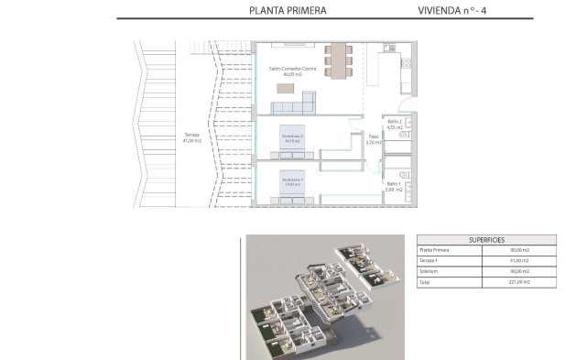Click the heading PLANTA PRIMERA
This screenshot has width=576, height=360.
288,11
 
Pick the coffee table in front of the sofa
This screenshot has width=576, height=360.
286,88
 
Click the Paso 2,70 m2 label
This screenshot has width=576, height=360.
373,140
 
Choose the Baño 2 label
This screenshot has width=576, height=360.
395,124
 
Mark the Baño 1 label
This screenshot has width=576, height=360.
394,186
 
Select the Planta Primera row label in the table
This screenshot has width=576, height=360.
434,249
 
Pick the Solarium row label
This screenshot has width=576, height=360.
429,272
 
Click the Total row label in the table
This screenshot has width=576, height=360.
425,283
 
